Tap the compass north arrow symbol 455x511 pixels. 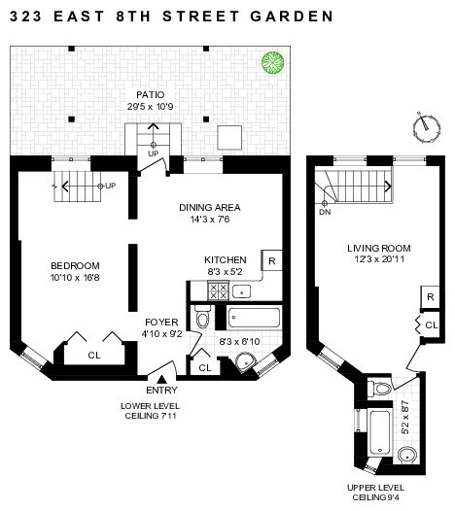tap(423, 124)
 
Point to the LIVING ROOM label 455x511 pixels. tap(377, 248)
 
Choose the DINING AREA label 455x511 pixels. tap(209, 207)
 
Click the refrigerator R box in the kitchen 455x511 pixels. tap(271, 261)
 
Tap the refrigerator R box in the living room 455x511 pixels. tap(429, 296)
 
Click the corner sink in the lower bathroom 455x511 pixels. tap(249, 362)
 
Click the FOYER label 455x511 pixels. tap(160, 321)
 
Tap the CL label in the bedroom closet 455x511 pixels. tap(93, 356)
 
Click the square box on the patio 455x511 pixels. tap(228, 134)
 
